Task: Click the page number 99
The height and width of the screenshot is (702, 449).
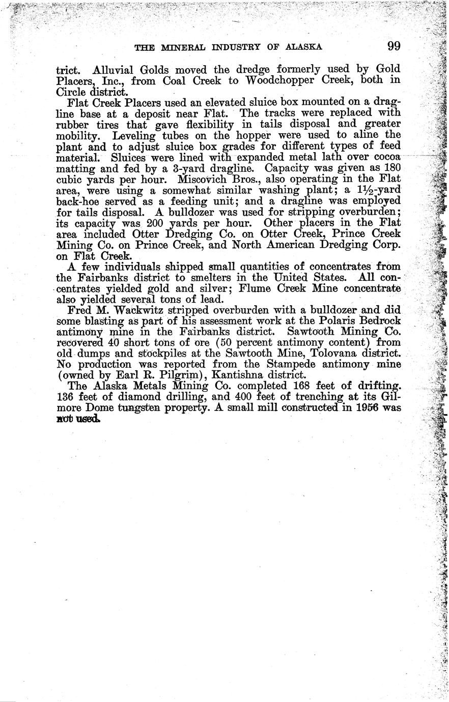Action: click(x=394, y=46)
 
